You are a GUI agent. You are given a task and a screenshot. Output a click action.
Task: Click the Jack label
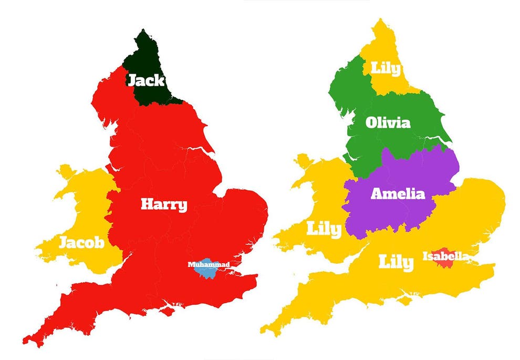point(146,80)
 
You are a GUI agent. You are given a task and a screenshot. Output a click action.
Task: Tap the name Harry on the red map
point(164,204)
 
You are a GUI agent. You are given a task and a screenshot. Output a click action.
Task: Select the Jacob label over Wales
point(81,243)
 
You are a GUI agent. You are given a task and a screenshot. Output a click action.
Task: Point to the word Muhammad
point(209,264)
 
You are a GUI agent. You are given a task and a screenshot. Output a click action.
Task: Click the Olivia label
point(388,123)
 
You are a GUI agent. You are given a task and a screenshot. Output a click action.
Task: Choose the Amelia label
point(398,193)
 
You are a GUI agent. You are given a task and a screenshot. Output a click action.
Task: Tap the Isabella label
point(446,256)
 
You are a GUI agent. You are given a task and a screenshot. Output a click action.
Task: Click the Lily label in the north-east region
point(386,68)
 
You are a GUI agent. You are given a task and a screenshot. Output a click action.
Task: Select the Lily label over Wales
point(324,229)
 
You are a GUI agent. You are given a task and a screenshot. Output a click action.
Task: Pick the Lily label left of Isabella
point(396,262)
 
